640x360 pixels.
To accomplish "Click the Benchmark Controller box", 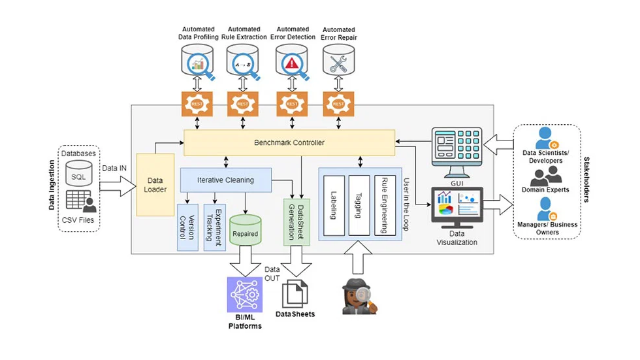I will click(289, 142).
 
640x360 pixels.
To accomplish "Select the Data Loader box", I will click(155, 184).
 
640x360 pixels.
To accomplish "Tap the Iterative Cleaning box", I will click(225, 180).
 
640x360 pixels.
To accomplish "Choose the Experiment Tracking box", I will click(214, 227).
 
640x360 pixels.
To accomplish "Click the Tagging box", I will click(359, 205).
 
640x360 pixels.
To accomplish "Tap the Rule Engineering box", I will click(385, 205).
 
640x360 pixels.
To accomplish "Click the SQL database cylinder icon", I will click(78, 173).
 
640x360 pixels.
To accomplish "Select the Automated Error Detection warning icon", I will click(292, 64).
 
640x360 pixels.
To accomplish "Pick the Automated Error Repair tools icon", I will click(338, 64).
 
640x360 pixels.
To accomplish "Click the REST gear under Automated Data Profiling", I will click(197, 104).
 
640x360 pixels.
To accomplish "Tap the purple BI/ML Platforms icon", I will click(245, 295).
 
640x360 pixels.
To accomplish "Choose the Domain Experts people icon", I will click(546, 174).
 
